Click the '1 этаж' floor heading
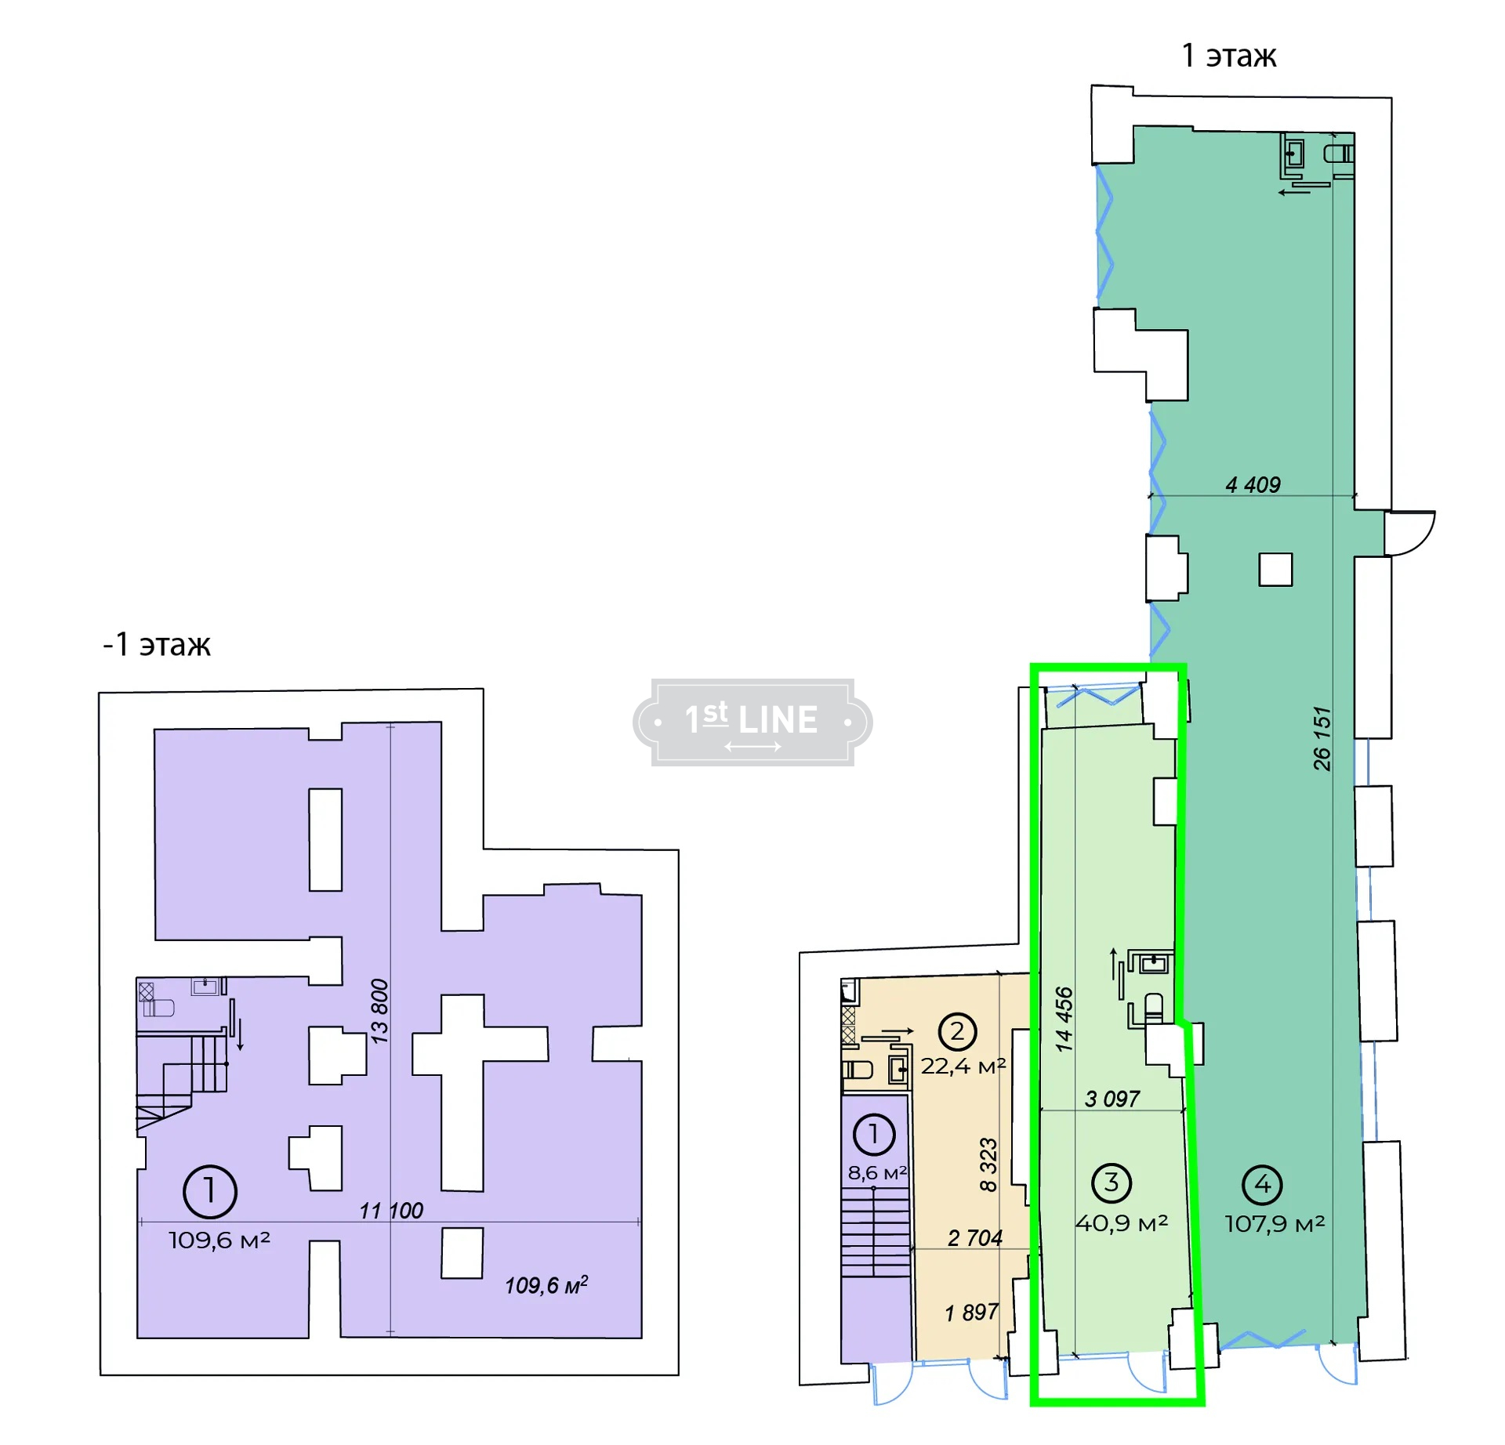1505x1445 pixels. [1228, 56]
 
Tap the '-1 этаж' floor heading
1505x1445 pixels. [157, 644]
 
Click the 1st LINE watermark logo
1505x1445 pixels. [752, 722]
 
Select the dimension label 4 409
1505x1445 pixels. [1253, 485]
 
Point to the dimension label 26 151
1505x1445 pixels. [1322, 739]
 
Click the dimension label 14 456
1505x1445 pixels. [1063, 1019]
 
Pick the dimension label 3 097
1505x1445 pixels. [1112, 1099]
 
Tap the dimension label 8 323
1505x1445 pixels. [988, 1164]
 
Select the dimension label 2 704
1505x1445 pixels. [974, 1237]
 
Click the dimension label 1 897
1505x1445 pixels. [971, 1312]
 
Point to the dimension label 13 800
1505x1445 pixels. [379, 1011]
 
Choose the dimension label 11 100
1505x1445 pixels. [391, 1211]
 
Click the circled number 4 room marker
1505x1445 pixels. [1262, 1185]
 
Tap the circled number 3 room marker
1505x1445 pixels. [1112, 1183]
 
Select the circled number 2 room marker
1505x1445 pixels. [957, 1031]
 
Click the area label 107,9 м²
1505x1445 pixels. [1275, 1224]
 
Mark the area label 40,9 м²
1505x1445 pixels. [1122, 1223]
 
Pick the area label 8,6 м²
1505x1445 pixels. [877, 1173]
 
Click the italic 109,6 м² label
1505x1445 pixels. [546, 1285]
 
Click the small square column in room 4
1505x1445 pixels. [1275, 570]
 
